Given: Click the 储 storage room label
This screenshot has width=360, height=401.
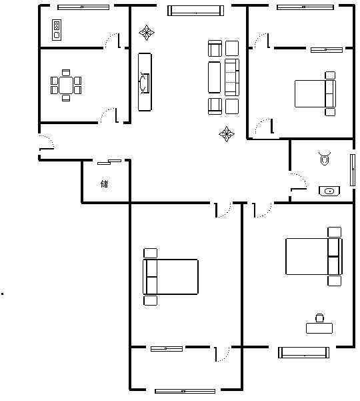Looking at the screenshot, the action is [x=105, y=183].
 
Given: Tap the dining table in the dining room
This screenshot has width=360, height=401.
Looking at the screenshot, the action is [x=66, y=85].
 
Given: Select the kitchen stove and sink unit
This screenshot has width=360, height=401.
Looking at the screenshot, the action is [x=57, y=30].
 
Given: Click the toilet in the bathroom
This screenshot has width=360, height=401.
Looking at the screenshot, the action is [x=325, y=159].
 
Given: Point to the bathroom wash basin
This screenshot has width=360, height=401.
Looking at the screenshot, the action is [x=329, y=191].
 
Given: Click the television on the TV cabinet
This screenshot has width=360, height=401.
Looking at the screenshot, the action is [x=145, y=83].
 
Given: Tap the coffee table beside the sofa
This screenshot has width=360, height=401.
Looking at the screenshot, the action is [x=214, y=77].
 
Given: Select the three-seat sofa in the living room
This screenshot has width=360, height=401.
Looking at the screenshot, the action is [x=232, y=77].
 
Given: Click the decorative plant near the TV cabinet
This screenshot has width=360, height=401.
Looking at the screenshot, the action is [x=147, y=33].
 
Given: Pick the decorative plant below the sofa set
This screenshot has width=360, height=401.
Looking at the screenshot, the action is [x=227, y=133].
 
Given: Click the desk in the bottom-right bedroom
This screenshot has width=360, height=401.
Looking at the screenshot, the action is [x=319, y=328].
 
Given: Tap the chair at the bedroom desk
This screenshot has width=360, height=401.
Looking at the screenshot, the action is [x=319, y=318].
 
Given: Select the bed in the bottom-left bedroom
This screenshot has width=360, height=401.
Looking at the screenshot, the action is [x=171, y=277].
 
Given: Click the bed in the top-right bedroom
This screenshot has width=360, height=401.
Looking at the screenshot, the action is [x=315, y=93].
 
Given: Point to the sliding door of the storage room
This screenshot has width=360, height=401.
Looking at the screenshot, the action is [x=109, y=162].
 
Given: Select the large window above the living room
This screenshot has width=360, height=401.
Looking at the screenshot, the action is [x=196, y=11].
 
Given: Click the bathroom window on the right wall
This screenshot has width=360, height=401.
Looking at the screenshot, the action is [x=353, y=170].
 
